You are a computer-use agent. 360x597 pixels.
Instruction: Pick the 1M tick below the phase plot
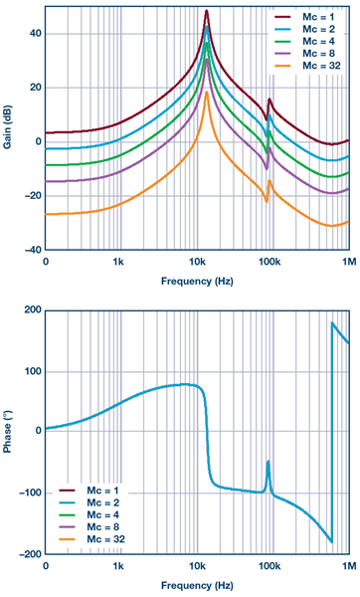click(347, 565)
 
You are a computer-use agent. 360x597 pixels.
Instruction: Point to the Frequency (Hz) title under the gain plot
click(198, 282)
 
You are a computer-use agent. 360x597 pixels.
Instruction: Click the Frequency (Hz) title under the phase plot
click(198, 586)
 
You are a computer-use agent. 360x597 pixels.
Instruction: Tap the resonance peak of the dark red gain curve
click(207, 12)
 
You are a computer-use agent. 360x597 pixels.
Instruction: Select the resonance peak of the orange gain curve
click(207, 93)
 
